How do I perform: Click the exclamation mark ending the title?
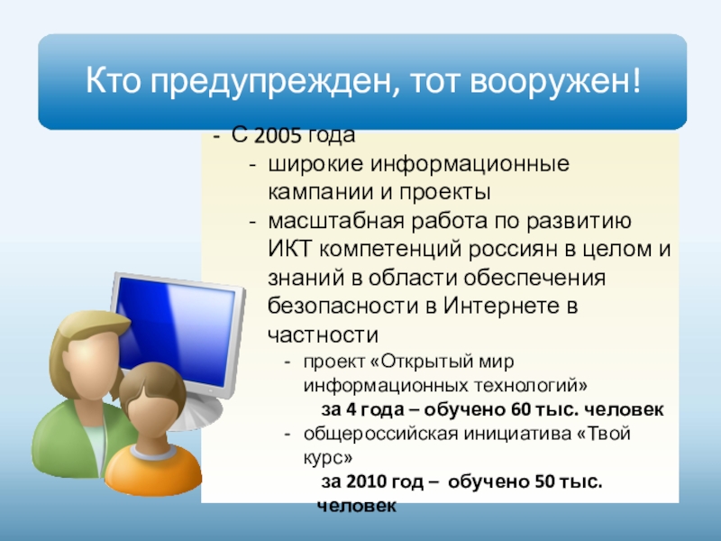point(636,79)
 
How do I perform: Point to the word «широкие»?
point(315,164)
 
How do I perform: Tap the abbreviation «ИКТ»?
point(289,250)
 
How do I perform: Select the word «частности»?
point(323,335)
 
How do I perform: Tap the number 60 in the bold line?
point(521,409)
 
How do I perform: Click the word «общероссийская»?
point(380,434)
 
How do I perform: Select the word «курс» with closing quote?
point(328,458)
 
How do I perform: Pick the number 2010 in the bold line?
point(366,481)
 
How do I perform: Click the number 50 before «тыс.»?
point(545,481)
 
